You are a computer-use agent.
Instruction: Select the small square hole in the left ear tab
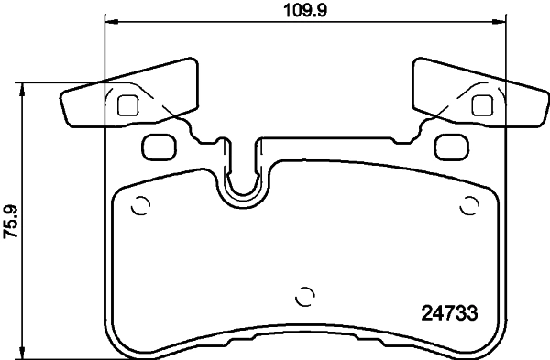(x=128, y=104)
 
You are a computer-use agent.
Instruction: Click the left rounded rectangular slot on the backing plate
(x=160, y=145)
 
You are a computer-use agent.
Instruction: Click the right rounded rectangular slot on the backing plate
(x=450, y=145)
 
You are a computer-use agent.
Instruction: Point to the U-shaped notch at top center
(x=242, y=179)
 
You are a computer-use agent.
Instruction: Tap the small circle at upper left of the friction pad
(x=140, y=206)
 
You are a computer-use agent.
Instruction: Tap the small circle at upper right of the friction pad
(x=470, y=206)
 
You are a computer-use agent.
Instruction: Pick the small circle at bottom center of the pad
(x=306, y=296)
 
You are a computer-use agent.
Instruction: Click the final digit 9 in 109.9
(x=324, y=11)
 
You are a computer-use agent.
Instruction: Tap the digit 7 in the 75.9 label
(x=11, y=235)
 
